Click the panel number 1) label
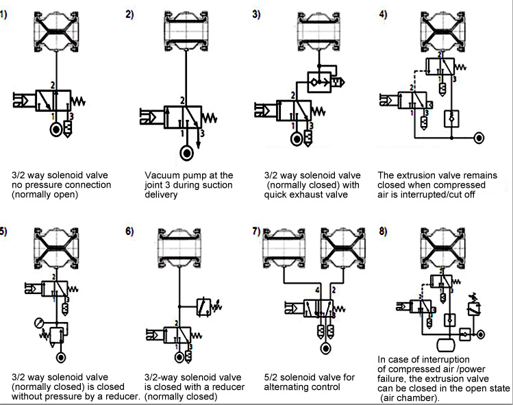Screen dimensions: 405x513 4,14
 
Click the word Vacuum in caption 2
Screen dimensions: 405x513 162,175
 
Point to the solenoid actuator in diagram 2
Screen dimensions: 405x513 151,116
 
